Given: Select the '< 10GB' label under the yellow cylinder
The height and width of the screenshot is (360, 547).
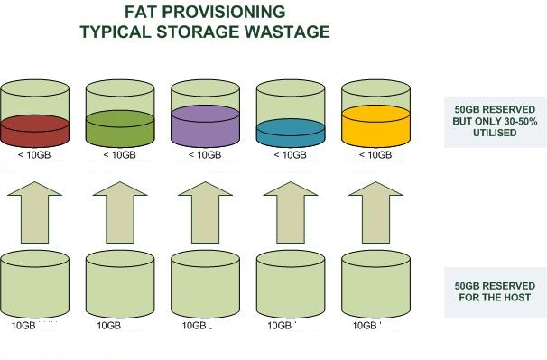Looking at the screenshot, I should (375, 155).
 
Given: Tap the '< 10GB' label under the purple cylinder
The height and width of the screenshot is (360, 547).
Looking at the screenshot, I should (204, 155).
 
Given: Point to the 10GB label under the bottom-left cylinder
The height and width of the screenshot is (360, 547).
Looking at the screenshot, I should (24, 325).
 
